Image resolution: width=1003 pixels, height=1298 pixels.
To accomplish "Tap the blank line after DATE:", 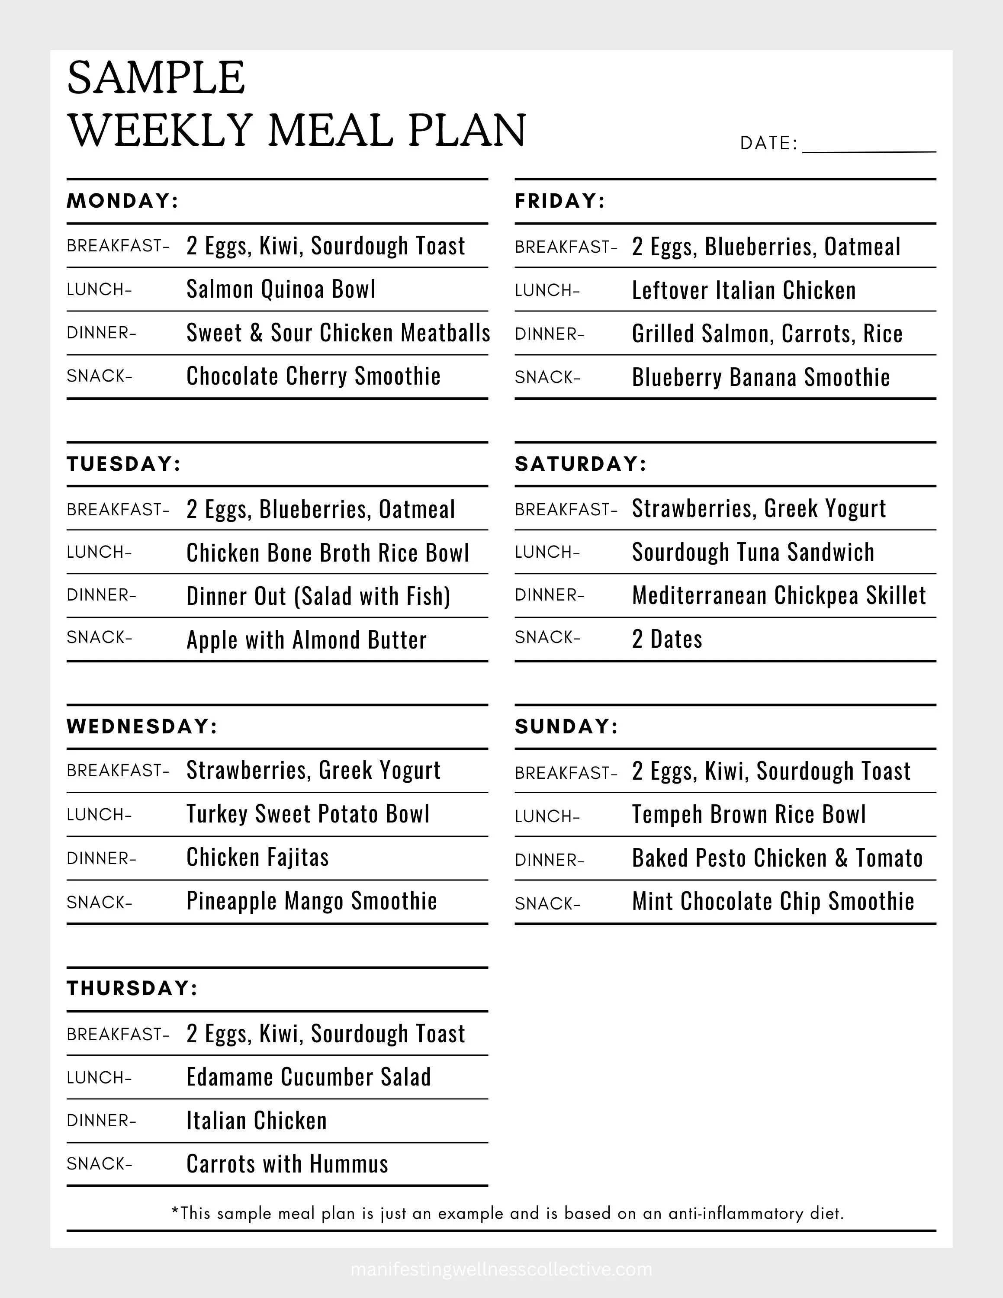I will [x=869, y=146].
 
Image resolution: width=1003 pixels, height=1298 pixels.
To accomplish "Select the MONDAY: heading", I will [x=122, y=201].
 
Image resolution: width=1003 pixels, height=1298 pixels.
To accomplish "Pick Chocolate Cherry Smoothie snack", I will [x=313, y=376].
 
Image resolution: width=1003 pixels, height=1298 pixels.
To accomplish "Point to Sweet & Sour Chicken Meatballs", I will [x=338, y=333].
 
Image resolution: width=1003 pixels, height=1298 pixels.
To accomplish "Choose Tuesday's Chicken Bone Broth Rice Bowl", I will [x=328, y=553].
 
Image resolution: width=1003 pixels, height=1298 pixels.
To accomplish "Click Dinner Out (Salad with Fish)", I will [x=318, y=596].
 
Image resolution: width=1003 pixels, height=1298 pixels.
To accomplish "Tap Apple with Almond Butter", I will [x=306, y=640].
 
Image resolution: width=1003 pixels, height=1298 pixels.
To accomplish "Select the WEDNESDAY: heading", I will [x=142, y=726].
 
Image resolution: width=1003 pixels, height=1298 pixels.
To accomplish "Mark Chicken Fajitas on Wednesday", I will [x=257, y=858].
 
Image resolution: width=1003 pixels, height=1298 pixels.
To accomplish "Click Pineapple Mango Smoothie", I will [x=312, y=901].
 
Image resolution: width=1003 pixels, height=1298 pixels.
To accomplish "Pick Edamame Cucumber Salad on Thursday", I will [x=309, y=1077].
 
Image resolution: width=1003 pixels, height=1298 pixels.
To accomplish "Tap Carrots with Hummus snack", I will [x=287, y=1164].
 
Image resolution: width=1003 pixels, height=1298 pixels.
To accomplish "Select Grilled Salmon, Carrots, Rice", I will [x=766, y=334].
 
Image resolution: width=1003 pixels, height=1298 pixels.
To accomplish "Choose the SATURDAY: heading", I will [x=580, y=463].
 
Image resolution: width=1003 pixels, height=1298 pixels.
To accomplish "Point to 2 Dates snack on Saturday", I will [x=667, y=639].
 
